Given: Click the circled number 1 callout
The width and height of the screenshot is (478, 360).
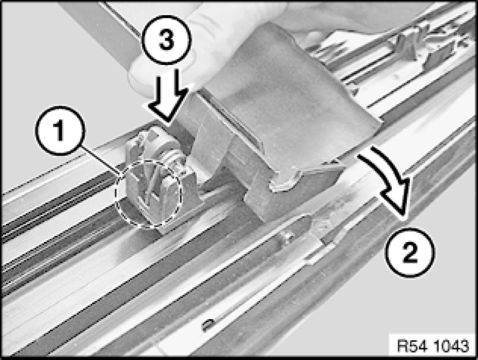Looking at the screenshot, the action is (x=60, y=131).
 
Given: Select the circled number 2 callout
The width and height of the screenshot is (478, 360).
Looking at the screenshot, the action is (x=410, y=252).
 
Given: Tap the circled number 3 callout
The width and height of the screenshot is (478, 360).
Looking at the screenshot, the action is (x=166, y=40).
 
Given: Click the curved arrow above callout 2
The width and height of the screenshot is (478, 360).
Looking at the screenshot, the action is (x=391, y=177).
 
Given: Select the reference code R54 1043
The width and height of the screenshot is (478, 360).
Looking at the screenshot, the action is (x=433, y=346).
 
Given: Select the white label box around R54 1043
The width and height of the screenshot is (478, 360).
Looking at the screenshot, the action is (x=433, y=346).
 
